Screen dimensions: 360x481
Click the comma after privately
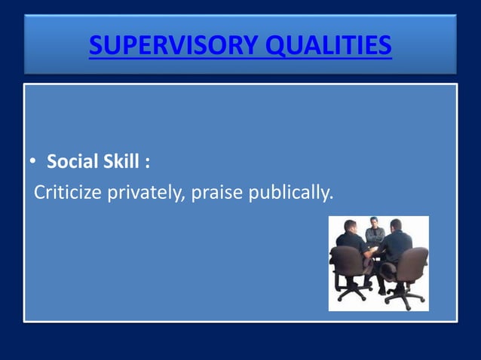coord(185,200)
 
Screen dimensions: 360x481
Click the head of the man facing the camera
coord(372,224)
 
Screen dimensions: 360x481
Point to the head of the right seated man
coord(395,226)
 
